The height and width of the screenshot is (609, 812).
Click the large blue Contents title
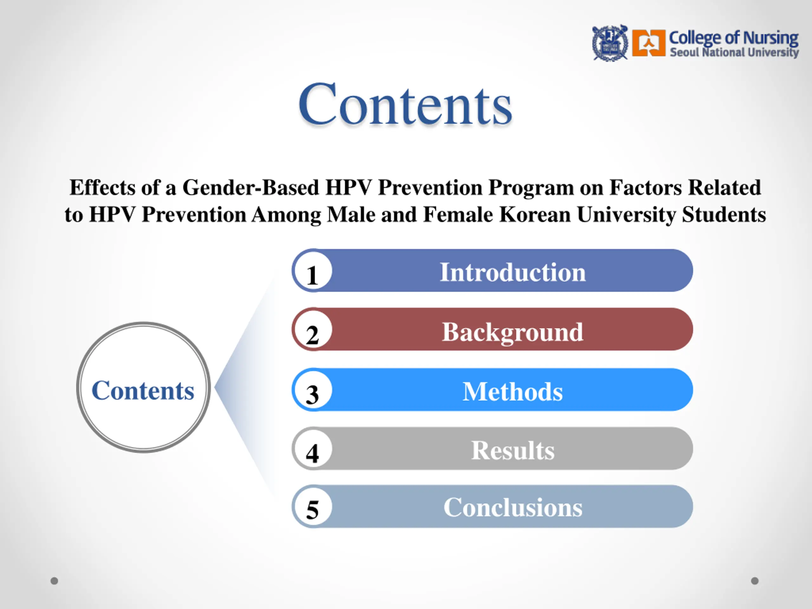point(405,104)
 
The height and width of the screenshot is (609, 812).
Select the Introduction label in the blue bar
point(513,272)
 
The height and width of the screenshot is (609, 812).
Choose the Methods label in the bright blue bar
point(513,391)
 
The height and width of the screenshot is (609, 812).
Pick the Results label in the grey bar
point(513,450)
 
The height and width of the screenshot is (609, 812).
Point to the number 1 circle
point(312,271)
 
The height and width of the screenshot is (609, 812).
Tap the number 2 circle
point(312,329)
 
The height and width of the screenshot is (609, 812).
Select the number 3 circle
point(312,390)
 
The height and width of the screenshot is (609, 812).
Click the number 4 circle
point(312,448)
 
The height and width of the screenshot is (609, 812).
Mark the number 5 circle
point(312,507)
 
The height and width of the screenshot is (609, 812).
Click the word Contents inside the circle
point(143,390)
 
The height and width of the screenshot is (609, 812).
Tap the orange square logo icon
point(649,43)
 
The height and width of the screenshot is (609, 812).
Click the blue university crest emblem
point(610,43)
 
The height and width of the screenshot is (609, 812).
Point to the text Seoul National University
point(734,52)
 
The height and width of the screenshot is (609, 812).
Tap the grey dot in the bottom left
point(54,581)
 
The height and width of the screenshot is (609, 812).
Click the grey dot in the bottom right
point(755,581)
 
